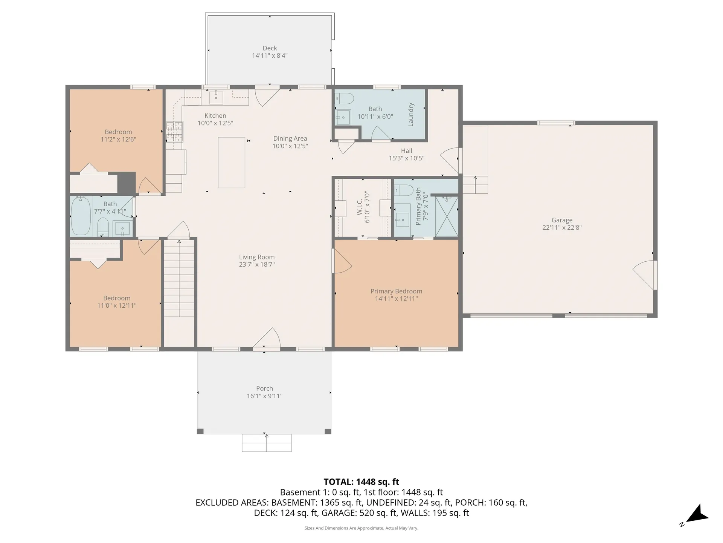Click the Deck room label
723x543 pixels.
click(270, 48)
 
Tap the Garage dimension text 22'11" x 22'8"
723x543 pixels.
click(562, 227)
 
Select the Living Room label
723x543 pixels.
click(257, 257)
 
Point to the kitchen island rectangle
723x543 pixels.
click(232, 163)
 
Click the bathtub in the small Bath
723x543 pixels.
click(81, 216)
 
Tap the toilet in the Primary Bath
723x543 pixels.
click(404, 190)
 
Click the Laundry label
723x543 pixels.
click(411, 114)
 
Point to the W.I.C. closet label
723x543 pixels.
click(360, 207)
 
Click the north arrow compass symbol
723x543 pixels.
click(698, 515)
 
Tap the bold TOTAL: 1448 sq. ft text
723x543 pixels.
click(361, 482)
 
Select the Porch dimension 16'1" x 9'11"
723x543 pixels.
click(264, 396)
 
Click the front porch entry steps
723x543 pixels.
click(267, 443)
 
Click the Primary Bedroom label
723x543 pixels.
click(396, 291)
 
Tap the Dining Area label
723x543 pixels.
click(290, 138)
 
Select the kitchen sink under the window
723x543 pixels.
click(216, 97)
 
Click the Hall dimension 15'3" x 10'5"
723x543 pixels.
click(406, 158)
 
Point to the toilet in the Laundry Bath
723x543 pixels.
click(345, 98)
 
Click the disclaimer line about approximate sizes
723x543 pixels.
click(361, 528)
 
